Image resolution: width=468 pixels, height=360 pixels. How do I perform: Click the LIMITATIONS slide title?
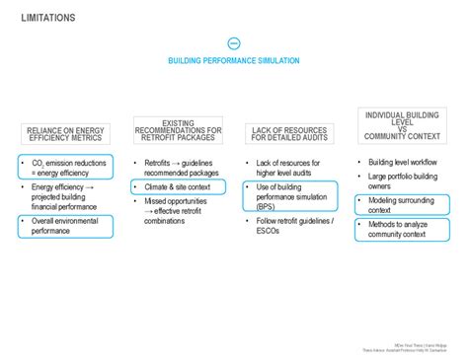tap(47, 18)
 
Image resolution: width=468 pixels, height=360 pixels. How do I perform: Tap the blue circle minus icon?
tap(234, 43)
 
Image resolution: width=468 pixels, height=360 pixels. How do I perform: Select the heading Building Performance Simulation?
tap(234, 61)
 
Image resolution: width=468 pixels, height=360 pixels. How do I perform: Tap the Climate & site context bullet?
tap(180, 186)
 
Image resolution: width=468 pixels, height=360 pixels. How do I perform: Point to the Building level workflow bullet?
tap(403, 162)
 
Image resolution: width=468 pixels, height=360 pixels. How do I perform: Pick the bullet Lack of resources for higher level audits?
tap(293, 168)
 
